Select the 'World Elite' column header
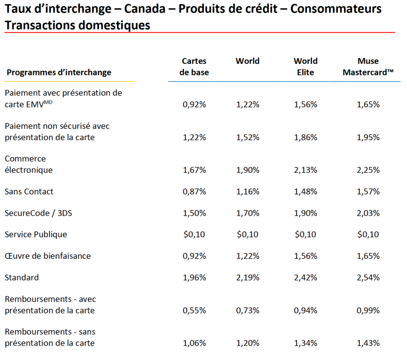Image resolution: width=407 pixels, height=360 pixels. pyautogui.click(x=305, y=67)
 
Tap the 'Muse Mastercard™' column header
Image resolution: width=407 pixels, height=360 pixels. pyautogui.click(x=368, y=67)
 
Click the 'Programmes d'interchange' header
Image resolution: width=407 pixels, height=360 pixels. pyautogui.click(x=59, y=72)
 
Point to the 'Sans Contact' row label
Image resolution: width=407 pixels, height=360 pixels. pyautogui.click(x=29, y=192)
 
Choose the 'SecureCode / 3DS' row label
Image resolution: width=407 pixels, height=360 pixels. pyautogui.click(x=38, y=213)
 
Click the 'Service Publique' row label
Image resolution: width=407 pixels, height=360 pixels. pyautogui.click(x=36, y=234)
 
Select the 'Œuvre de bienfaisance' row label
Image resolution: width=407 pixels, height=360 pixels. pyautogui.click(x=48, y=256)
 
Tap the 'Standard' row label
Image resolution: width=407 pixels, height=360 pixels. pyautogui.click(x=22, y=277)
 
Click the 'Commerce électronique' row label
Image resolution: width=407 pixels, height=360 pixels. pyautogui.click(x=29, y=165)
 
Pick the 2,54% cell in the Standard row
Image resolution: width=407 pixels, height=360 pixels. pyautogui.click(x=368, y=278)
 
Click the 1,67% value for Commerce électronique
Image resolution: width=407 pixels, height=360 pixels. pyautogui.click(x=194, y=170)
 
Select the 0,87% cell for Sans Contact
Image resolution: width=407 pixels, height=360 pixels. pyautogui.click(x=194, y=192)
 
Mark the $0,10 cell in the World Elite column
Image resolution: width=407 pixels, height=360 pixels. pyautogui.click(x=305, y=235)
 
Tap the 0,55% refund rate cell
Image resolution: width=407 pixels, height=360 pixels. pyautogui.click(x=194, y=311)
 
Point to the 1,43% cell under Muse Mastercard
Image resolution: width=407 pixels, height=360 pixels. pyautogui.click(x=368, y=343)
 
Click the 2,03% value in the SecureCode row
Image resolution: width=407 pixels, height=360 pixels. pyautogui.click(x=368, y=213)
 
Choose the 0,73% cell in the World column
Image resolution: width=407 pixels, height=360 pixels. pyautogui.click(x=248, y=311)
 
